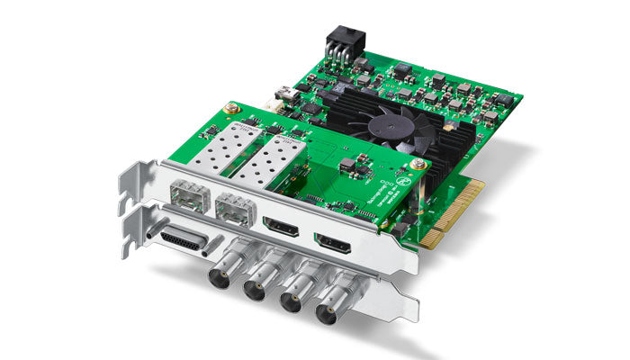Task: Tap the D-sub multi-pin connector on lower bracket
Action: (182, 242)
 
